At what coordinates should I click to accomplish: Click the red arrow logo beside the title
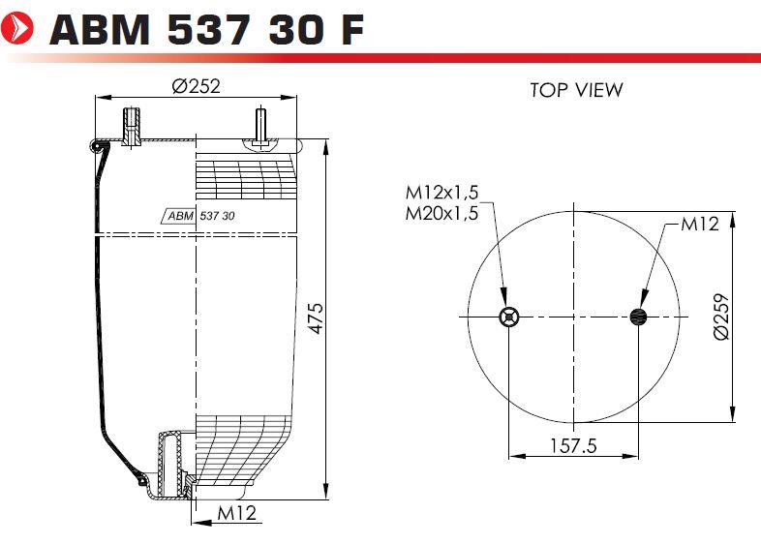coord(17,28)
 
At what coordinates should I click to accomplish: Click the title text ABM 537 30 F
coord(206,29)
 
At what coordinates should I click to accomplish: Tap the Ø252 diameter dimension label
coord(197,86)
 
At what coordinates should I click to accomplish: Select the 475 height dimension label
coord(316,318)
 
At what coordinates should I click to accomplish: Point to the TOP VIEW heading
coord(576,90)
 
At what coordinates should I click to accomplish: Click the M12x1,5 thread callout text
coord(441,193)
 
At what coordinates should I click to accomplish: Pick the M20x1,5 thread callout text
coord(441,213)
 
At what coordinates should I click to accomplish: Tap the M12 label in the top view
coord(699,224)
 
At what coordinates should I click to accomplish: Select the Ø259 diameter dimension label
coord(721,317)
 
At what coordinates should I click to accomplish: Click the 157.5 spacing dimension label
coord(573,445)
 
